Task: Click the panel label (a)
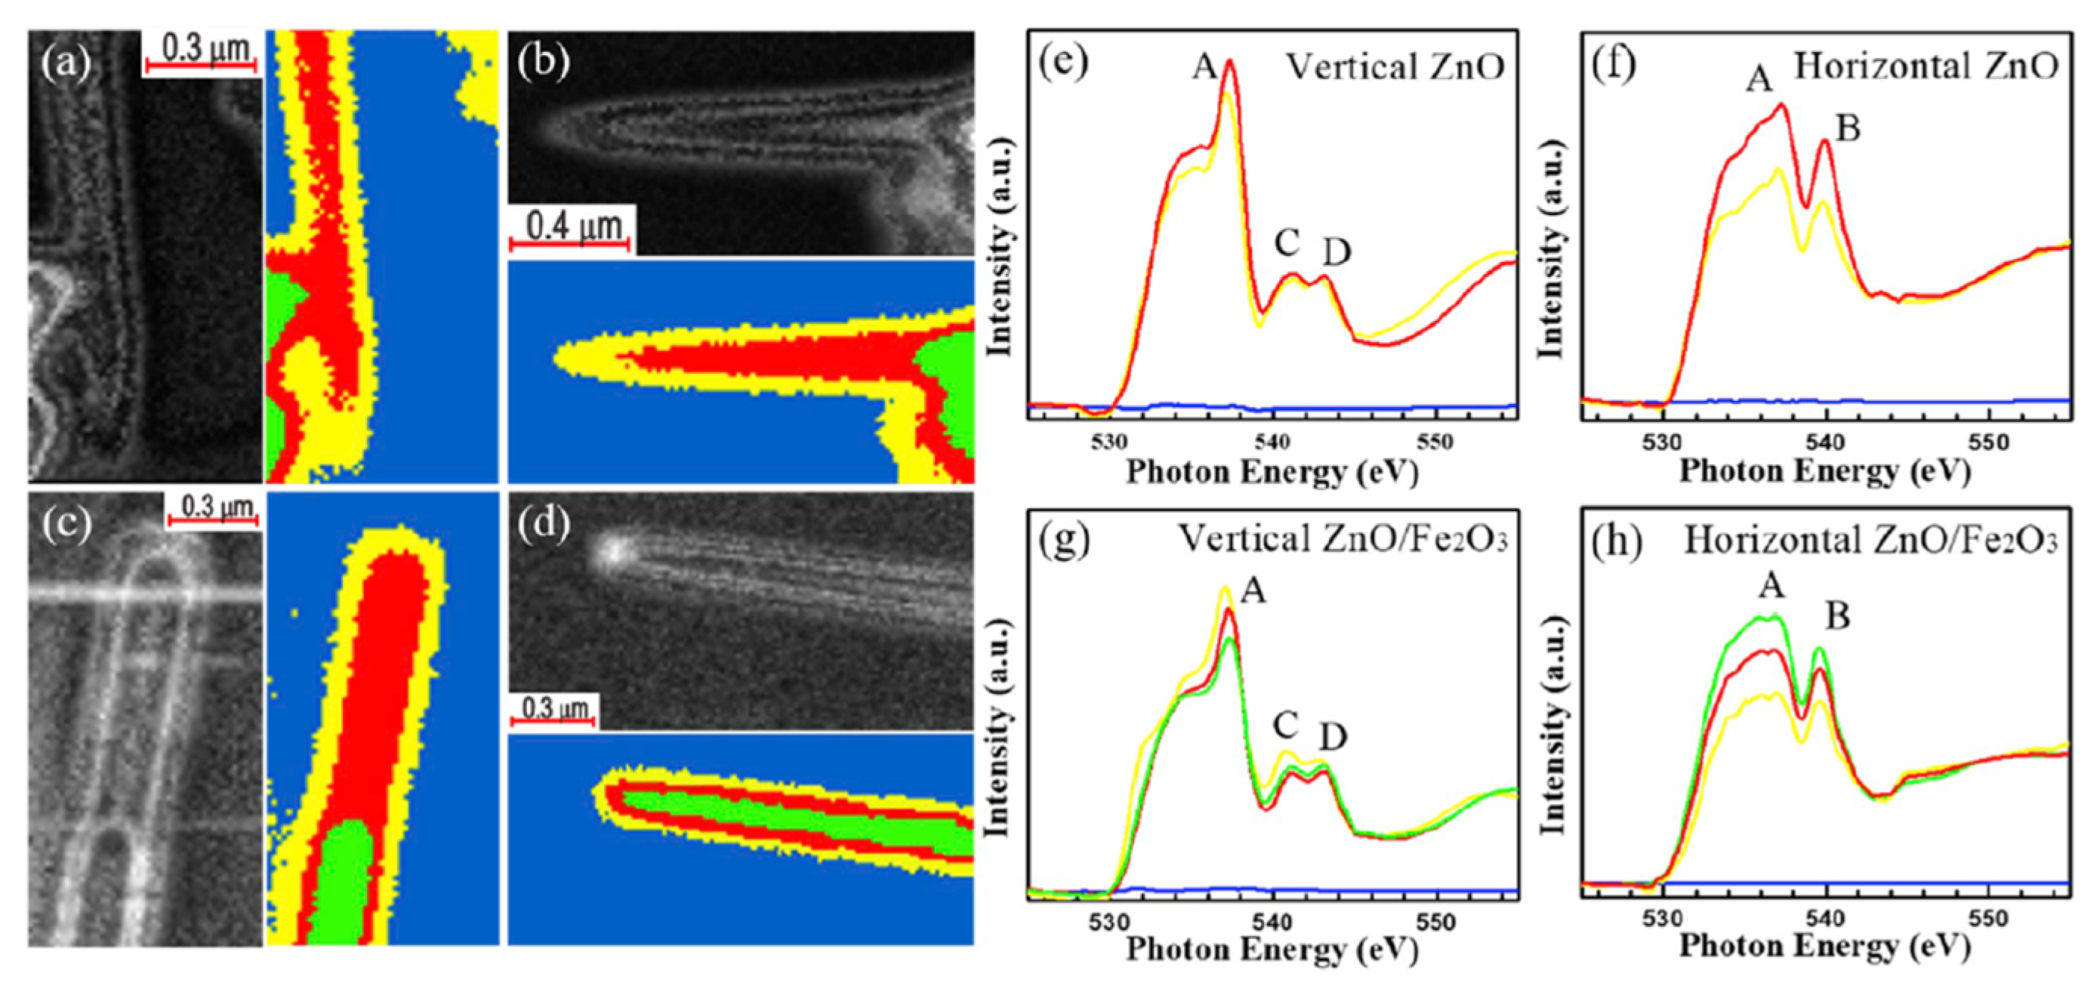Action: pyautogui.click(x=66, y=63)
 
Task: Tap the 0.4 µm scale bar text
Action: pyautogui.click(x=575, y=227)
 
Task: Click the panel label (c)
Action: pyautogui.click(x=66, y=525)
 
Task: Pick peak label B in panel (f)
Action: pyautogui.click(x=1847, y=128)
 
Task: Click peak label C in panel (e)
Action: pyautogui.click(x=1287, y=242)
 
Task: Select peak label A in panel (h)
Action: pyautogui.click(x=1771, y=585)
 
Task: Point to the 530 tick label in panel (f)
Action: pyautogui.click(x=1663, y=443)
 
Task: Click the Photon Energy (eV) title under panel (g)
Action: pyautogui.click(x=1272, y=949)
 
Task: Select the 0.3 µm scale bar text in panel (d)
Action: pyautogui.click(x=554, y=708)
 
